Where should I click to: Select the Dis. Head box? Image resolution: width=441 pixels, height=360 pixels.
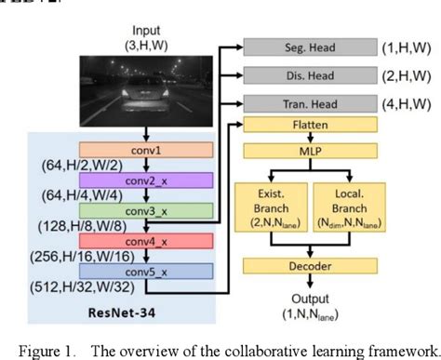308,75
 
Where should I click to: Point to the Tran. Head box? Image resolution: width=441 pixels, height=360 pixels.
308,104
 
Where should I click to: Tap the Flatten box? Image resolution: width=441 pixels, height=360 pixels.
308,126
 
